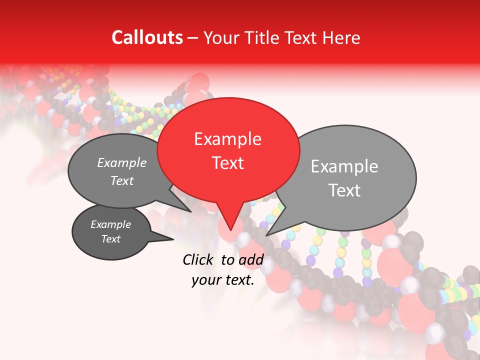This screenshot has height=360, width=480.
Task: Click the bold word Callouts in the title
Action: click(147, 37)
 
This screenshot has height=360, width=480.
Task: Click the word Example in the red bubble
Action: click(227, 139)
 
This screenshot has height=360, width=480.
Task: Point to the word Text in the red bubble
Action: click(227, 163)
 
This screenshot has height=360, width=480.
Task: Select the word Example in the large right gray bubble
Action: click(344, 166)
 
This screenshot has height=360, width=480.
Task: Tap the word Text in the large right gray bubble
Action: click(344, 190)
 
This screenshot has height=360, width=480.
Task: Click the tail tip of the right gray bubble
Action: click(267, 234)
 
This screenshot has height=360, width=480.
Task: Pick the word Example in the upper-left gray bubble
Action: click(122, 163)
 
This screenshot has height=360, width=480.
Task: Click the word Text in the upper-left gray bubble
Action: click(122, 181)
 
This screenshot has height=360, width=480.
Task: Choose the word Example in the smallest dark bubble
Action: click(110, 224)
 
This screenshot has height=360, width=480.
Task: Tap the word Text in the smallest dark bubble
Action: click(110, 239)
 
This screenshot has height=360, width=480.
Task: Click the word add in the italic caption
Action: click(251, 259)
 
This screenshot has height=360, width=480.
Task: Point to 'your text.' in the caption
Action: click(223, 280)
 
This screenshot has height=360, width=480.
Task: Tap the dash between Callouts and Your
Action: click(193, 37)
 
